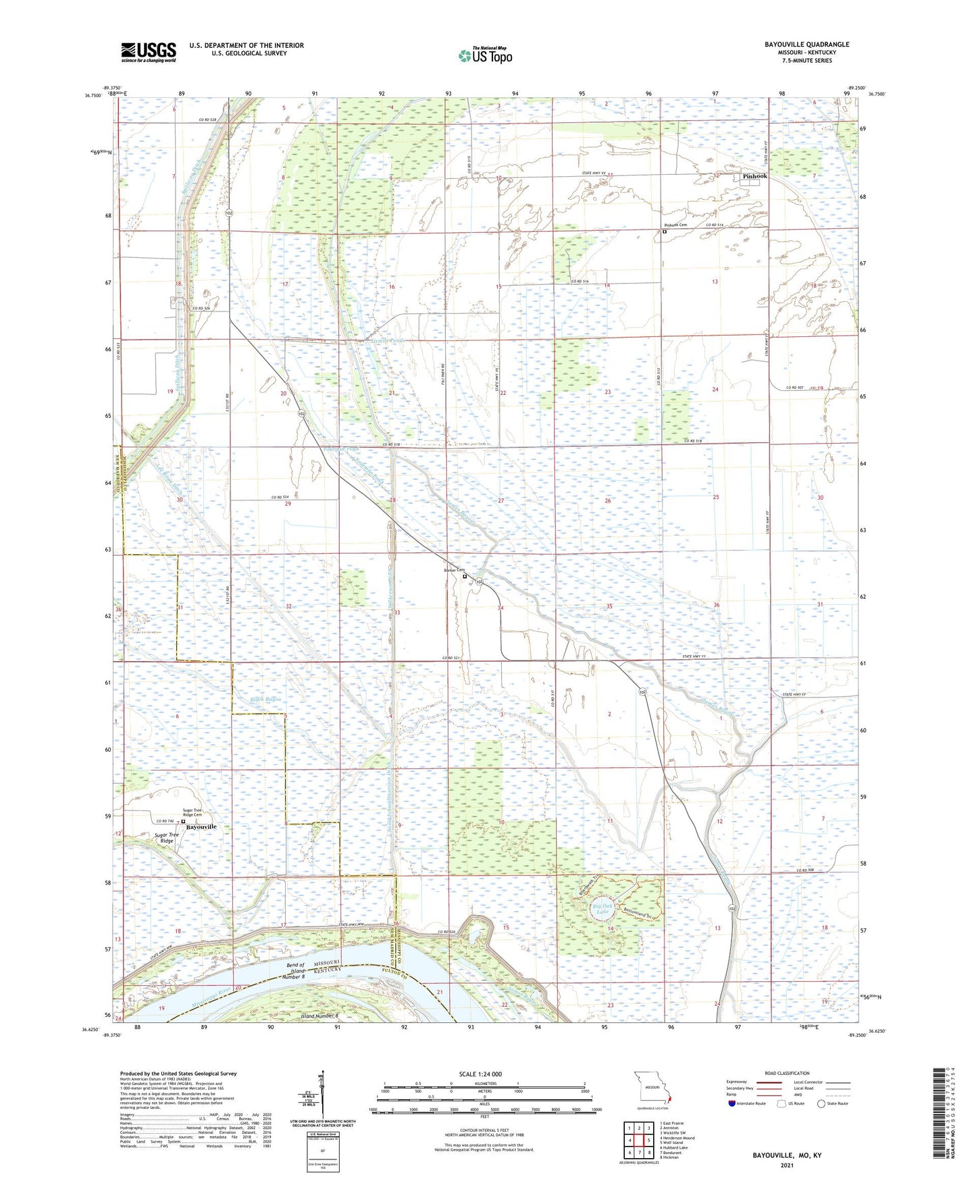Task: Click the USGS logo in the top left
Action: click(149, 52)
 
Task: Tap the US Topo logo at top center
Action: click(484, 55)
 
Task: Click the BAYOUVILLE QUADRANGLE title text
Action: click(806, 45)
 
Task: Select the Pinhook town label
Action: click(754, 176)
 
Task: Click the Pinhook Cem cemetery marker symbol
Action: click(664, 232)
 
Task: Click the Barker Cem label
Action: click(454, 571)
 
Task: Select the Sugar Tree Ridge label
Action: click(166, 838)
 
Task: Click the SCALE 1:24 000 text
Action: click(480, 1074)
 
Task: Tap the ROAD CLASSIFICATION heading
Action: click(788, 1073)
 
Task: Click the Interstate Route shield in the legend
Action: click(733, 1103)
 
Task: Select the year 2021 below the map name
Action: click(787, 1165)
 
